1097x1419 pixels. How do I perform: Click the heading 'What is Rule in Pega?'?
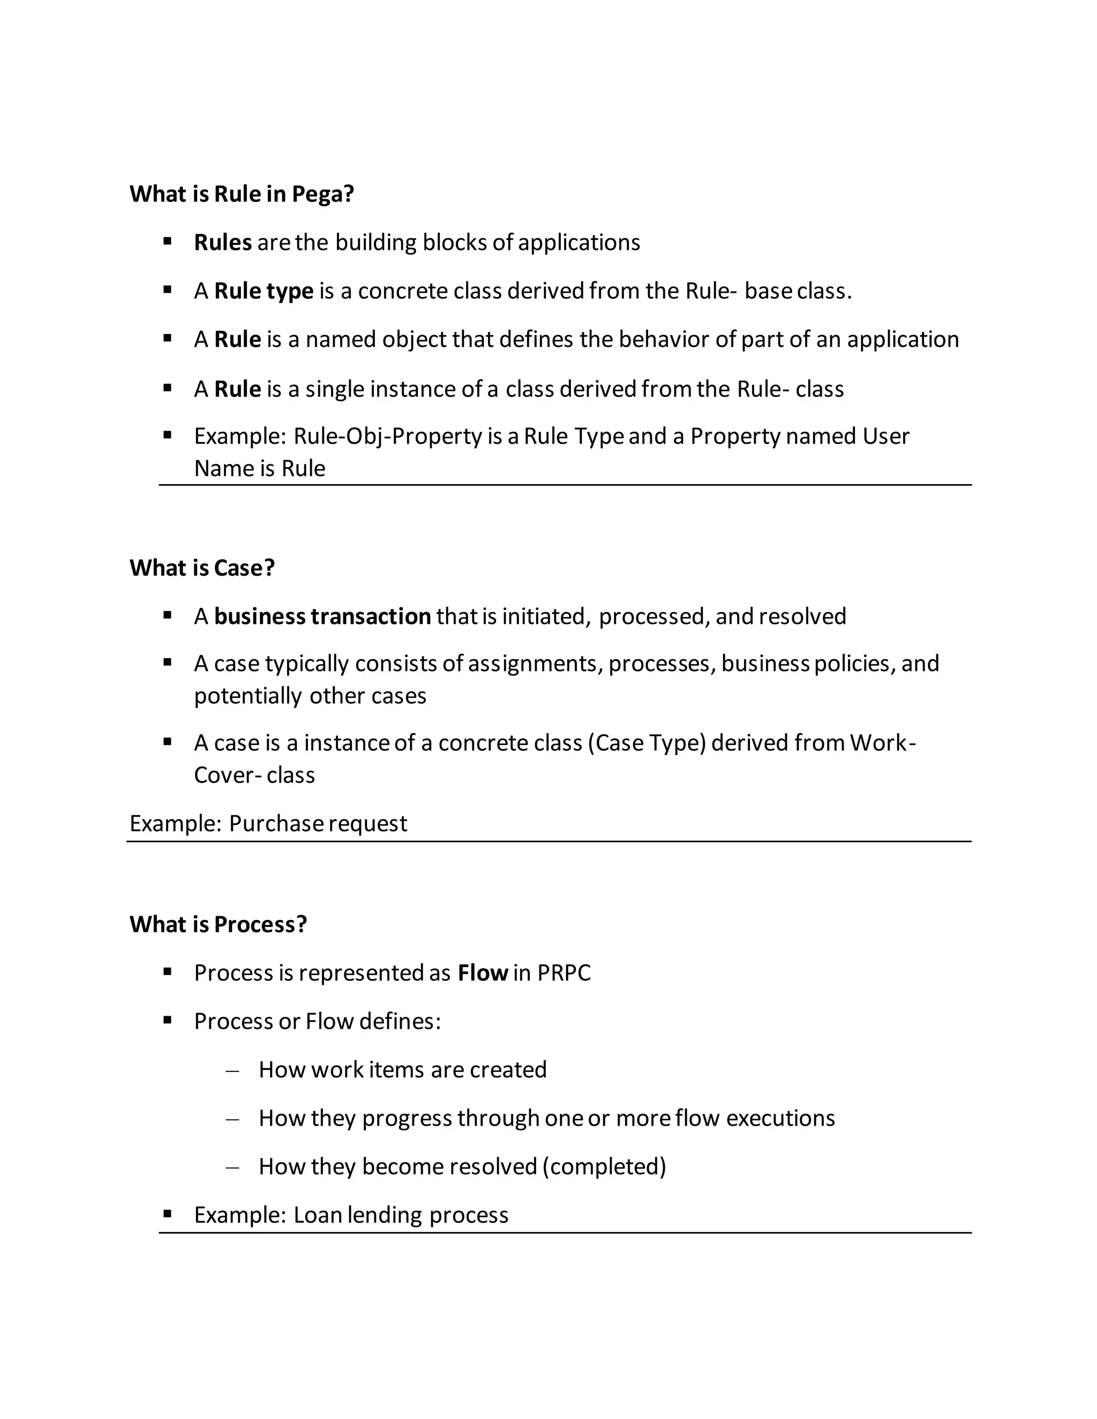(x=242, y=194)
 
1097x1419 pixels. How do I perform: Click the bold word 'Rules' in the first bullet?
(x=222, y=243)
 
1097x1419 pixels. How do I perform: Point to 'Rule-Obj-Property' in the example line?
(x=387, y=436)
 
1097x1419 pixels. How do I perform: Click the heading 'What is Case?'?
(x=202, y=568)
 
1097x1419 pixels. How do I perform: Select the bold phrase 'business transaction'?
(x=322, y=616)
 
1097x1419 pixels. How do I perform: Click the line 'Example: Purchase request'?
(x=268, y=823)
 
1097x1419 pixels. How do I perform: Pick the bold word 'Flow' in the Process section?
(x=482, y=972)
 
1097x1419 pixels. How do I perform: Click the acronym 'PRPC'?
(x=563, y=972)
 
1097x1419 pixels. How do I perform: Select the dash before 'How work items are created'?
(x=232, y=1070)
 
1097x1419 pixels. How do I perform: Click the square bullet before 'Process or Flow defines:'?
(x=167, y=1021)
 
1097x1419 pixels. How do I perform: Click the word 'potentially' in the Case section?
(x=247, y=696)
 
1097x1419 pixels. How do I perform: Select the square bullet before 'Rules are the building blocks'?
(x=167, y=241)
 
